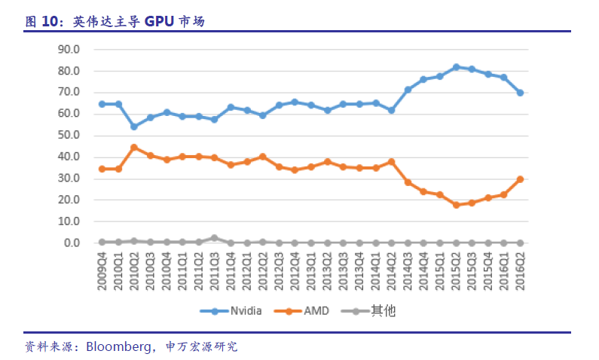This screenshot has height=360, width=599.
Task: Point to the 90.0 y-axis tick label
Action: [69, 49]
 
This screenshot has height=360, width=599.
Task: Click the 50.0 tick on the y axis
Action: [69, 136]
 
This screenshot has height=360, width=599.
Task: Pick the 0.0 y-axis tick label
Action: [71, 243]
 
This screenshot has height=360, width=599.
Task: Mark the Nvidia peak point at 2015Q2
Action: [456, 67]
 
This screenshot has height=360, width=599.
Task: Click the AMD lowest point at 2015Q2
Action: [456, 205]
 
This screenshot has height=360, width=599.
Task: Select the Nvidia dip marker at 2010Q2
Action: [134, 127]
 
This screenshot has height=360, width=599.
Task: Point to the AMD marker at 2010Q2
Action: [134, 148]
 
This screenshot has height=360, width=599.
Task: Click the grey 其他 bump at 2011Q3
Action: [215, 238]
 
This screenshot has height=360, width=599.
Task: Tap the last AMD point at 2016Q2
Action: [520, 179]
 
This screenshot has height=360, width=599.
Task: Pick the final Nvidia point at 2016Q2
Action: [520, 93]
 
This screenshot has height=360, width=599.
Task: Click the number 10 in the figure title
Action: [50, 22]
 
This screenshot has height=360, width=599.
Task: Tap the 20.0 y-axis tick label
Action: [69, 200]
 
